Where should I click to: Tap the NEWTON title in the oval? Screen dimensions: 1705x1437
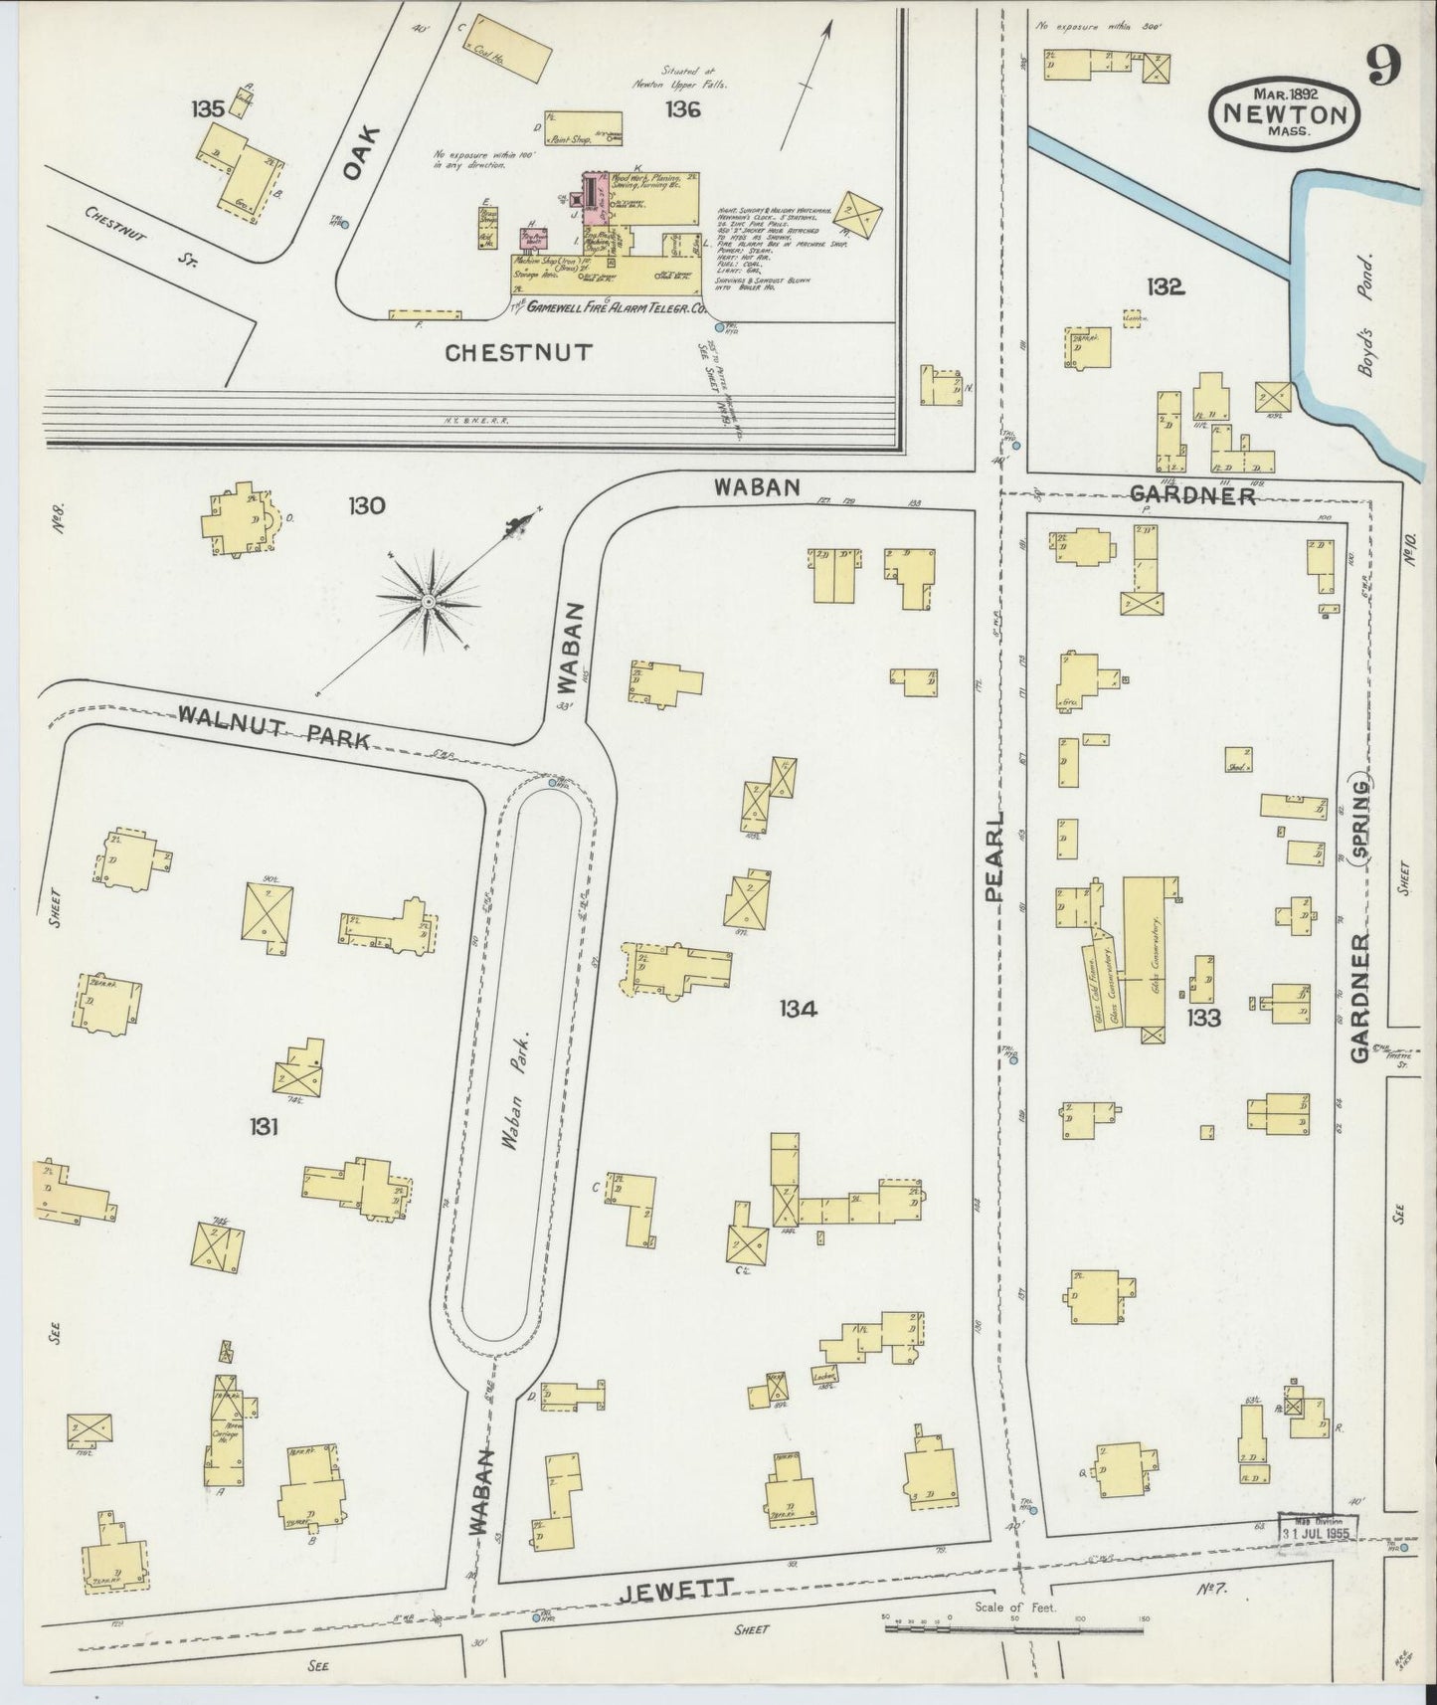1284,114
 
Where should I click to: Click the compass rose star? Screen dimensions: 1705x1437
429,602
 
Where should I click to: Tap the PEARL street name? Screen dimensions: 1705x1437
996,856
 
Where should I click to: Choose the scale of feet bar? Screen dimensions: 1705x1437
1013,1629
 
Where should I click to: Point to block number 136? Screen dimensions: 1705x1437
683,109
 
